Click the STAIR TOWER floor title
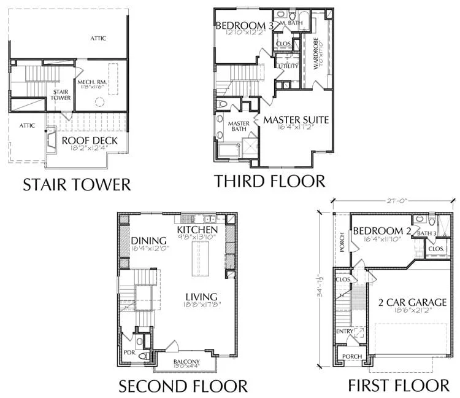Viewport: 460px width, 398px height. click(x=77, y=184)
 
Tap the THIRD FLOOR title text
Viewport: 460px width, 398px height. click(x=269, y=181)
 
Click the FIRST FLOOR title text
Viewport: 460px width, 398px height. click(x=399, y=386)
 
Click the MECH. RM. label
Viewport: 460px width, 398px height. click(x=93, y=82)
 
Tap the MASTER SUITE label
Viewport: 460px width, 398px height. click(x=296, y=120)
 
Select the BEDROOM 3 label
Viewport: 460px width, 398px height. click(x=244, y=25)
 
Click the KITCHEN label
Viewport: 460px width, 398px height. click(x=199, y=229)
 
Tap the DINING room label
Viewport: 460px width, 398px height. click(x=149, y=240)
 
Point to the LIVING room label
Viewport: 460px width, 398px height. click(x=204, y=296)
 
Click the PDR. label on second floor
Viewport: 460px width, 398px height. click(x=129, y=354)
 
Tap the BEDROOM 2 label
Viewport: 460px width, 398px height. click(x=381, y=231)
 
